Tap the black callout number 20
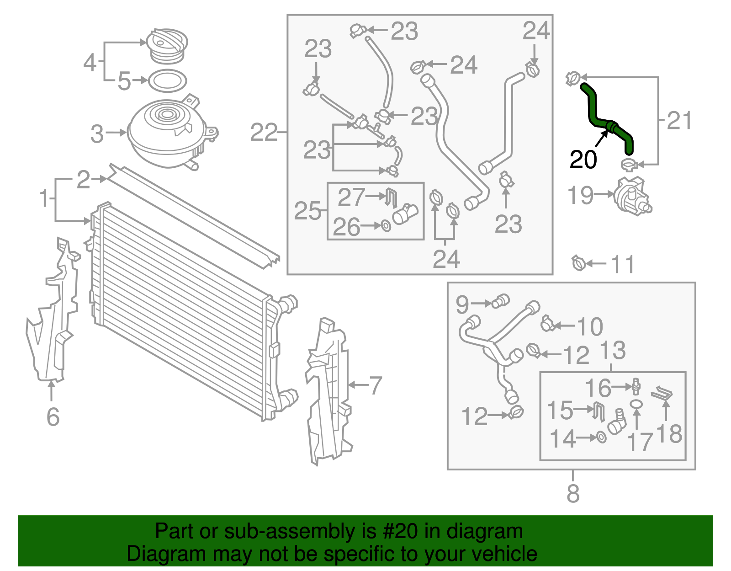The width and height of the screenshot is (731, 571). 583,160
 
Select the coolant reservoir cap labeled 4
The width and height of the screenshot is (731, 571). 167,46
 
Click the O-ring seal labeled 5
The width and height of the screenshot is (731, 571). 168,81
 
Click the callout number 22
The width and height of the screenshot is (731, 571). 264,133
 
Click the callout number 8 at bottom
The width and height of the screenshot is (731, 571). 572,494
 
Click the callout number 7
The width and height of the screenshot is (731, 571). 375,385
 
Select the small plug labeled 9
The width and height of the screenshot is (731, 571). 501,301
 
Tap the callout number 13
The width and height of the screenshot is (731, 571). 612,351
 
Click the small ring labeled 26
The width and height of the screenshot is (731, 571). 386,226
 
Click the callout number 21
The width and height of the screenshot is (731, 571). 679,121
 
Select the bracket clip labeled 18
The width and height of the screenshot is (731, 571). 662,394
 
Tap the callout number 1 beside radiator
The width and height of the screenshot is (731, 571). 44,198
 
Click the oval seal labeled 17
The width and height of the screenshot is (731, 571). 636,404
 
